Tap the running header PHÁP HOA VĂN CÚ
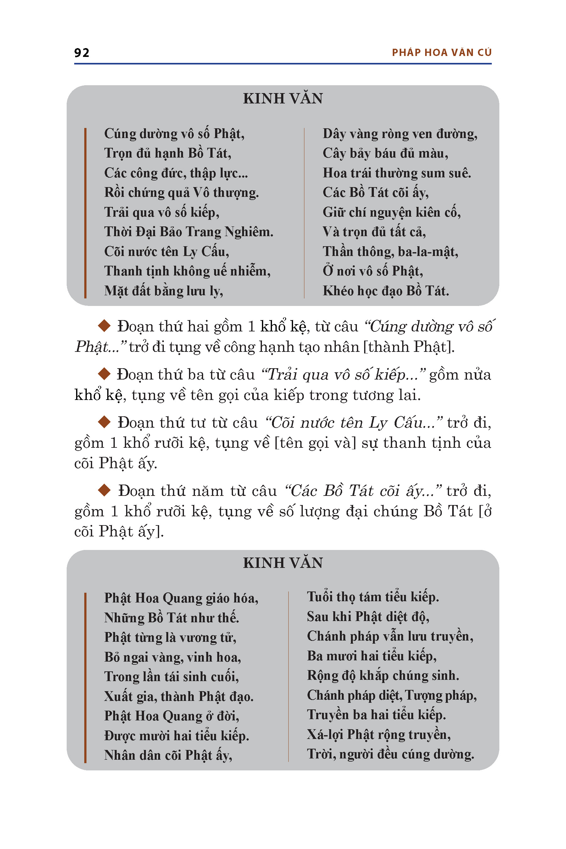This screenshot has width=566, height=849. pos(441,53)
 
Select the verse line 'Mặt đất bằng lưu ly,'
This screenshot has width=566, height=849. pos(164,291)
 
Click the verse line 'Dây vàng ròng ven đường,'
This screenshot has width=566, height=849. pos(400,134)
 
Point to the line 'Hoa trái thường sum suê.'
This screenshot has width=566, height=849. pos(397,173)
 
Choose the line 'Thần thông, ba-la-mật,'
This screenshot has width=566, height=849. pos(390,252)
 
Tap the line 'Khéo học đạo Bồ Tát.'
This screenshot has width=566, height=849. pos(386,291)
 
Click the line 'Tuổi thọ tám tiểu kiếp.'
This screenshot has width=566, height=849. pos(373,597)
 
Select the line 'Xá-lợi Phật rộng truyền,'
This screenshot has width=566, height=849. pos(379,735)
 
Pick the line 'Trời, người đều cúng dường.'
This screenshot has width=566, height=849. pos(390,754)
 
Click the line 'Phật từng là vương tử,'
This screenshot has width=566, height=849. pos(170,637)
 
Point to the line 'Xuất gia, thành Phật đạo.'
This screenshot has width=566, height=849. pos(179,696)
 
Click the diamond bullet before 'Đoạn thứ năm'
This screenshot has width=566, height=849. pos(104,490)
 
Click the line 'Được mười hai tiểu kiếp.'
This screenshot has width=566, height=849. pos(176,736)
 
